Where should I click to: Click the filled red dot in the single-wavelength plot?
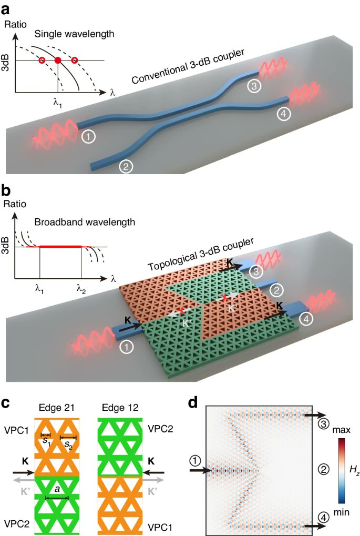[x=58, y=60]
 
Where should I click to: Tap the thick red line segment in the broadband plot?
[x=60, y=246]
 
